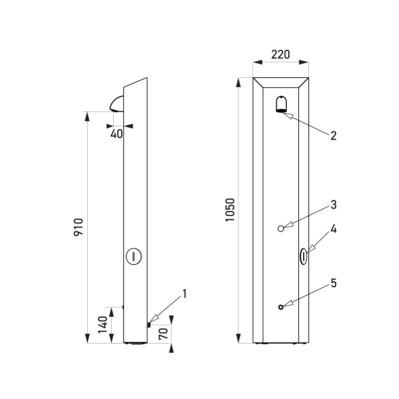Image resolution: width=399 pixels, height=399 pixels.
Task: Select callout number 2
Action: pos(333,135)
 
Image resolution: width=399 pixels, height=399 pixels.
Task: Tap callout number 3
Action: pos(333,204)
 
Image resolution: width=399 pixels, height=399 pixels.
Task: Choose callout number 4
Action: pos(333,230)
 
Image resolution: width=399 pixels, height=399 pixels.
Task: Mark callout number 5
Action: pos(333,283)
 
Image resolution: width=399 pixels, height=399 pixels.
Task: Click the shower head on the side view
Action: pos(116,104)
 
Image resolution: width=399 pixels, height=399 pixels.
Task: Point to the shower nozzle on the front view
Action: pos(282,105)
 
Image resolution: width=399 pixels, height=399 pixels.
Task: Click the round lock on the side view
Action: pos(135,256)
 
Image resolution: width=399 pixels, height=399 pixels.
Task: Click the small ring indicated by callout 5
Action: pos(281,307)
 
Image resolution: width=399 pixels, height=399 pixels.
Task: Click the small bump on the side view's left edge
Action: pos(123,308)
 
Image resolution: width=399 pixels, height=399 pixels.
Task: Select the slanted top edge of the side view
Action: pos(135,83)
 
